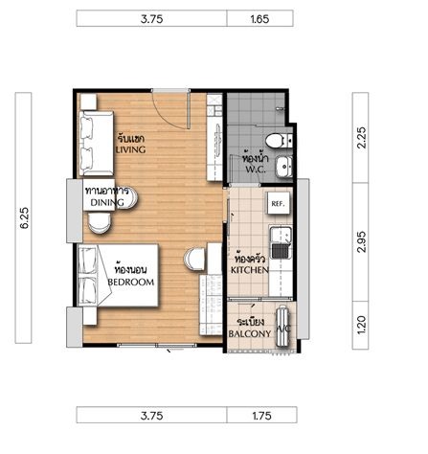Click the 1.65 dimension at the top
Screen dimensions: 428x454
(x=259, y=19)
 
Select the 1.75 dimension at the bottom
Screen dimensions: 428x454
(x=261, y=416)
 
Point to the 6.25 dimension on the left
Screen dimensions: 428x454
(x=24, y=217)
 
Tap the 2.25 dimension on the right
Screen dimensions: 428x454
(x=362, y=138)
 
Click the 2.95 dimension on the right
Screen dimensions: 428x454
(x=362, y=242)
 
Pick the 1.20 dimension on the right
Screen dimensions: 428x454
(x=362, y=325)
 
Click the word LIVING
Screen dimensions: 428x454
(x=130, y=149)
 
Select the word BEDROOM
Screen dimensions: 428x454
(x=131, y=282)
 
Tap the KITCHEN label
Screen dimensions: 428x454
(x=250, y=270)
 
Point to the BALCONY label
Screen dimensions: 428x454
(x=250, y=333)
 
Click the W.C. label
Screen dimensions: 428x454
(x=256, y=170)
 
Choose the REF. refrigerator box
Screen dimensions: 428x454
(x=278, y=203)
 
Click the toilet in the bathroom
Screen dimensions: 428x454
(x=278, y=141)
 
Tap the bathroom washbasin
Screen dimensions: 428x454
(x=284, y=166)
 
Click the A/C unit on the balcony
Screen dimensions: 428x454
(x=283, y=326)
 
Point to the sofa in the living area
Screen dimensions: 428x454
(x=96, y=144)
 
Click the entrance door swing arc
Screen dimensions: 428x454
(x=169, y=116)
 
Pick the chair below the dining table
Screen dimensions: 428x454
(x=100, y=223)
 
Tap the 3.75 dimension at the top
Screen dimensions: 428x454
(x=151, y=19)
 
